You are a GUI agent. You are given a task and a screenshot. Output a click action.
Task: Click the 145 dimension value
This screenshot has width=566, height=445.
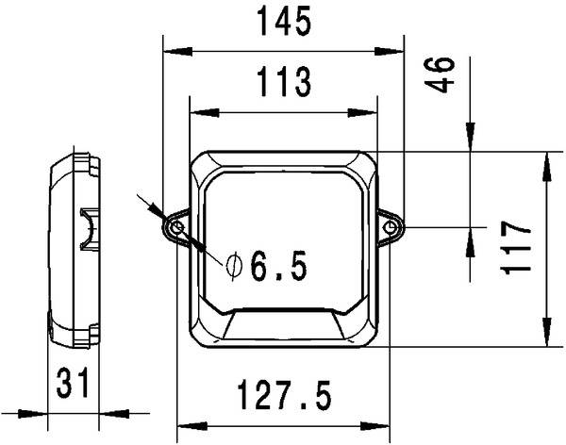point(283,22)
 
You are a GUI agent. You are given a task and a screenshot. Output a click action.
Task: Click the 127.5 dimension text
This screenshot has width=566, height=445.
point(283,396)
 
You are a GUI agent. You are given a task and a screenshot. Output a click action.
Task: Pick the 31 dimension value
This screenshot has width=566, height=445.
point(73,384)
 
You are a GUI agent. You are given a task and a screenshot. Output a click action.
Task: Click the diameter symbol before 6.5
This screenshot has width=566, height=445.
point(233,268)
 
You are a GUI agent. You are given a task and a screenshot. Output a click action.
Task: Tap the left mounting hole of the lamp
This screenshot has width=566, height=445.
point(176,227)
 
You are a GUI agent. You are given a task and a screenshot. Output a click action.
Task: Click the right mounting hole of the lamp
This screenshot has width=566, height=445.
point(391,227)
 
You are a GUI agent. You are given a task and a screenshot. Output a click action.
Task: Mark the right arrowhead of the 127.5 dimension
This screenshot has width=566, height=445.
point(381,422)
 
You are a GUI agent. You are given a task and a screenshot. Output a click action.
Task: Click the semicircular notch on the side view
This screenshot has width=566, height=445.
point(88,229)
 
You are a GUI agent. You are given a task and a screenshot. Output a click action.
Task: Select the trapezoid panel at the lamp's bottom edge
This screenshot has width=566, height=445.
point(283,325)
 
